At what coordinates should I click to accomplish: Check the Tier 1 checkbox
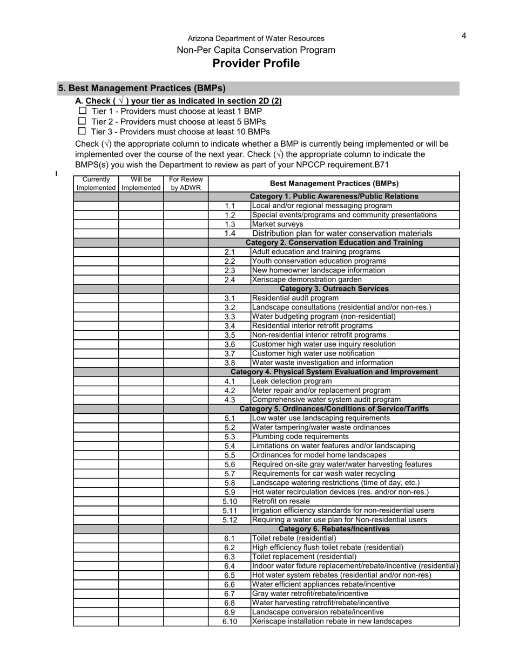coord(83,111)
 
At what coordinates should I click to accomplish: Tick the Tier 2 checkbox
coord(83,121)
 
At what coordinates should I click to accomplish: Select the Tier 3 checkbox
coord(82,131)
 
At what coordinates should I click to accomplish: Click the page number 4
coord(463,36)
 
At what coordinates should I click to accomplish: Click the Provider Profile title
coord(256,64)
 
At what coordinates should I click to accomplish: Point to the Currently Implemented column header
coord(96,183)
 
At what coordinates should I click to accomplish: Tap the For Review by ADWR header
coord(186,183)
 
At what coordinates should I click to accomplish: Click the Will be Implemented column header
coord(141,183)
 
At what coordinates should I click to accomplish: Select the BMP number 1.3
coord(230,224)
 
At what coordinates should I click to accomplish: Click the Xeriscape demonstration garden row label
coord(307,279)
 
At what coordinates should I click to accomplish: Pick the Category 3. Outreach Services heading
coord(334,289)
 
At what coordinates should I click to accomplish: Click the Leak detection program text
coord(292,381)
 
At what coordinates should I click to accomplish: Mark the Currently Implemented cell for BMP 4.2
coord(96,390)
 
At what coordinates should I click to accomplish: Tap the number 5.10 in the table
coord(230,501)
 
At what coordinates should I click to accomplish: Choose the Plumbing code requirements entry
coord(300,436)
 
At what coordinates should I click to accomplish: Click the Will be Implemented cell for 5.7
coord(141,474)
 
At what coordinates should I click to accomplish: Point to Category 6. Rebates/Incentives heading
coord(334,529)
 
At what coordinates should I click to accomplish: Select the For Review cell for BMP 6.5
coord(186,575)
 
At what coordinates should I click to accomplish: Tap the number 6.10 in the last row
coord(230,621)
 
